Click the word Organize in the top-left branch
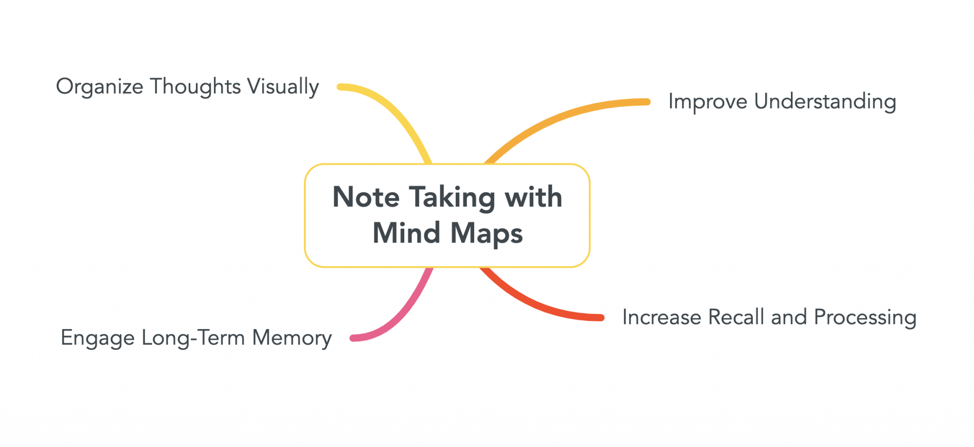point(99,87)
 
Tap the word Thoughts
point(195,87)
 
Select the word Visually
point(283,87)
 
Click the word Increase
point(662,317)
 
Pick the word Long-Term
point(193,338)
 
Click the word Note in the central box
point(366,197)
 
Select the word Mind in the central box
point(406,233)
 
